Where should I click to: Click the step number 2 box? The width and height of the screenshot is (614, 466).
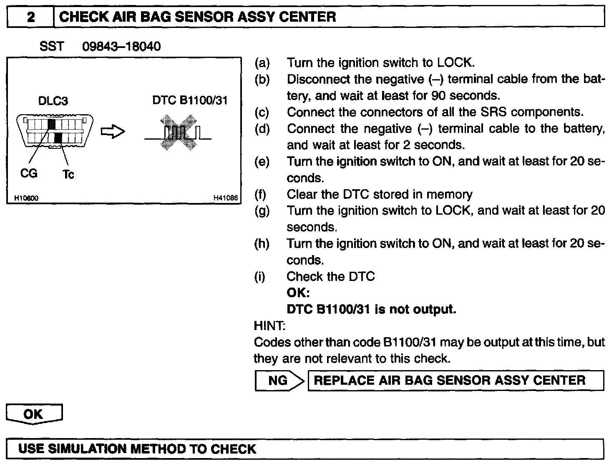tap(31, 17)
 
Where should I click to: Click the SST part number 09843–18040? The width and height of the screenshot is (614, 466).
tap(121, 46)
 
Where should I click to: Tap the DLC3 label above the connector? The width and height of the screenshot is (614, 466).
tap(53, 101)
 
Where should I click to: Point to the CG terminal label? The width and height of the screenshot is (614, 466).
tap(29, 173)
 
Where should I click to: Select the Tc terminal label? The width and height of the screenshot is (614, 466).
tap(68, 174)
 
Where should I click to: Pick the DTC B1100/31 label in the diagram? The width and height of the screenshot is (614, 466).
tap(190, 100)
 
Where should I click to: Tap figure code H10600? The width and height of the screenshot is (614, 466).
tap(26, 198)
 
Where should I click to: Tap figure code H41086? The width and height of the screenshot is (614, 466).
tap(225, 198)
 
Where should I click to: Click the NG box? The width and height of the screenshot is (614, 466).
tap(278, 381)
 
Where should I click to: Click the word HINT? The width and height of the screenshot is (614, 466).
tap(269, 325)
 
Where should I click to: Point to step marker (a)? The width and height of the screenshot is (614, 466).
tap(262, 63)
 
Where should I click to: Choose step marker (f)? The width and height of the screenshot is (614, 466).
tap(261, 194)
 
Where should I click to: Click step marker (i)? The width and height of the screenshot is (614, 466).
tap(260, 276)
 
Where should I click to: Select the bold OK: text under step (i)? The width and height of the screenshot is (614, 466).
tap(298, 293)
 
